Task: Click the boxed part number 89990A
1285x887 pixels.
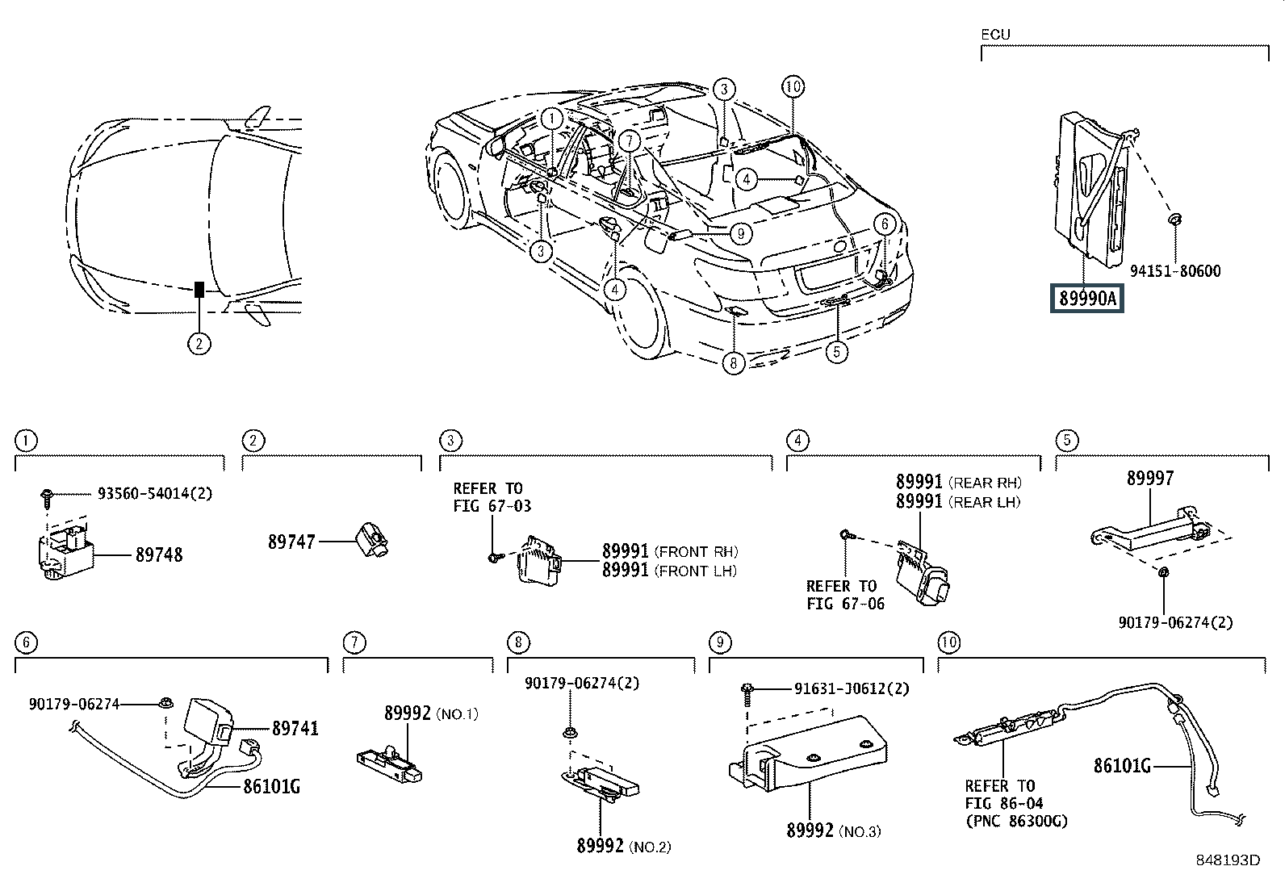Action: tap(1086, 299)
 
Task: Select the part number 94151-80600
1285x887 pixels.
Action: tap(1175, 271)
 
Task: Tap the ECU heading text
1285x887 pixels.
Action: tap(995, 35)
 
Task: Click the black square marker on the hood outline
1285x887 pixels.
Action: tap(199, 289)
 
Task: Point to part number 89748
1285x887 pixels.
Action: tap(159, 554)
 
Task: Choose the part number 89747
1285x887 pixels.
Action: tap(291, 542)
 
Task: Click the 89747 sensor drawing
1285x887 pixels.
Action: tap(371, 539)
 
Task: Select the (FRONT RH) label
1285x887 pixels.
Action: tap(696, 552)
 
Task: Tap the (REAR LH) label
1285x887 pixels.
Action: tap(985, 502)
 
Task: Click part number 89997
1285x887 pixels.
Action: tap(1150, 478)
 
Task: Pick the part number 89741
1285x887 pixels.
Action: tap(295, 728)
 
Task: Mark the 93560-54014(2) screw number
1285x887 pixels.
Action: tap(155, 493)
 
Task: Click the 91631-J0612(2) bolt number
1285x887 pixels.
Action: tap(852, 688)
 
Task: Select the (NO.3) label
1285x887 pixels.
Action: tap(860, 831)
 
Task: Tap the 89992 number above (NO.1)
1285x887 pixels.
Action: tap(408, 713)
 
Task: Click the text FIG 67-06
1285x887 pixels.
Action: tap(846, 604)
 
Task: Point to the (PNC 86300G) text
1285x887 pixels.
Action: tap(1016, 821)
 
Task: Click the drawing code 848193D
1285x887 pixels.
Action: tap(1228, 860)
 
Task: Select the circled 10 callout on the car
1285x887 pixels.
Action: tap(793, 87)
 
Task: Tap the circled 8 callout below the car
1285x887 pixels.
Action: tap(733, 363)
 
